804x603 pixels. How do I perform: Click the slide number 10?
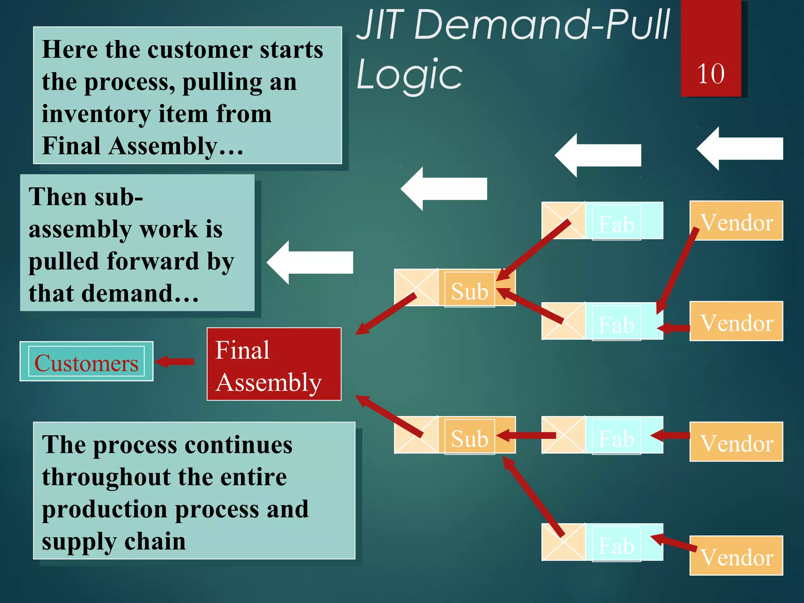pyautogui.click(x=711, y=74)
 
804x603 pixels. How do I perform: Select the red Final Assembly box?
pyautogui.click(x=274, y=364)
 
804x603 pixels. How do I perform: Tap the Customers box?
pyautogui.click(x=86, y=362)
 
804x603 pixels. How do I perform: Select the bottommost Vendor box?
pyautogui.click(x=736, y=556)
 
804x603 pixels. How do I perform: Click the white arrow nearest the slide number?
pyautogui.click(x=740, y=149)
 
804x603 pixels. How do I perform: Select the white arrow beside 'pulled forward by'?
pyautogui.click(x=310, y=262)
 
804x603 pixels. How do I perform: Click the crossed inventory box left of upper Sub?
pyautogui.click(x=416, y=287)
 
